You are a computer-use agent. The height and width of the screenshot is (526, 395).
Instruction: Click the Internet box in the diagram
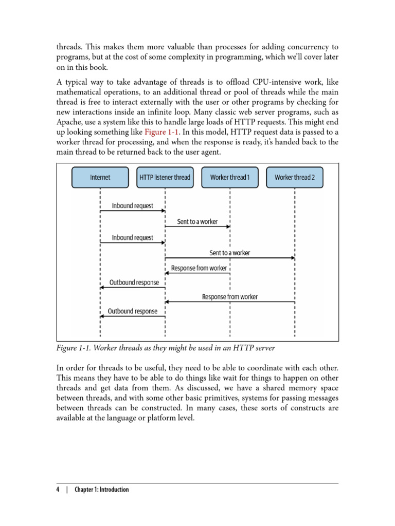100,178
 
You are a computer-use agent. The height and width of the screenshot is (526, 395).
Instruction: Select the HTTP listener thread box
165,178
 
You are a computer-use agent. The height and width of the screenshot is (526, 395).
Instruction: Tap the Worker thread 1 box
230,178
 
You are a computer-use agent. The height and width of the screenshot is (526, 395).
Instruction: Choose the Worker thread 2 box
295,178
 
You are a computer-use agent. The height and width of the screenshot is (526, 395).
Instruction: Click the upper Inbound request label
133,206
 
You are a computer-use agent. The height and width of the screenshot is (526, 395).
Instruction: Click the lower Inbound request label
133,238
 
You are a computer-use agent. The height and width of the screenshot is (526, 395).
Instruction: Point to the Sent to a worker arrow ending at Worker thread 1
197,226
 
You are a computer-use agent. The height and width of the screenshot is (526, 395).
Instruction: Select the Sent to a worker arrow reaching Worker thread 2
230,258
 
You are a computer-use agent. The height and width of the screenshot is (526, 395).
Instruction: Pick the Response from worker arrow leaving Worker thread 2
230,302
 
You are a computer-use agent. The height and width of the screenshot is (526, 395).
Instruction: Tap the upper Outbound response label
133,283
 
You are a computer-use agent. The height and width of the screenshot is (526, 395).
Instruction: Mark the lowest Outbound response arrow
133,316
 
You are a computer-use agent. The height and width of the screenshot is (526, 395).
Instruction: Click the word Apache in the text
69,122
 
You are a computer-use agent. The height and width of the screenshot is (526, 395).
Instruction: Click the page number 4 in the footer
58,490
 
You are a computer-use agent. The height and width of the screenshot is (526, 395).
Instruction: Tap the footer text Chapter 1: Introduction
102,490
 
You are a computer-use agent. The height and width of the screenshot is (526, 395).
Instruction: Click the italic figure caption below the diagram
166,348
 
